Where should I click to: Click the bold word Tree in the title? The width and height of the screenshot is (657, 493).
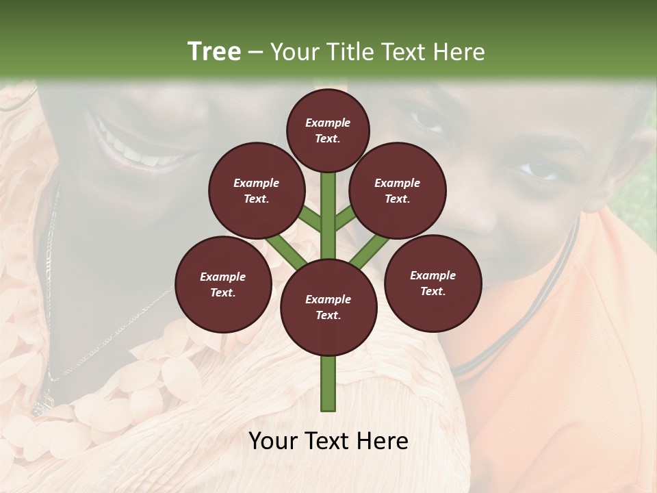(214, 51)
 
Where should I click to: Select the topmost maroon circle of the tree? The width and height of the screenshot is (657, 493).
(328, 130)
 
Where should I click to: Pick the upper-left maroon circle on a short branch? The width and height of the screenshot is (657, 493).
(257, 190)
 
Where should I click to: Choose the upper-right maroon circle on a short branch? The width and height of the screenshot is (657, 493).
(398, 190)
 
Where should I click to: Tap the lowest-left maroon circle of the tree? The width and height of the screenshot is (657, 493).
(223, 284)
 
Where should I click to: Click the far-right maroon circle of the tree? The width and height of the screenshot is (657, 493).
(433, 283)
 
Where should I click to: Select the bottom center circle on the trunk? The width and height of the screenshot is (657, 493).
(328, 307)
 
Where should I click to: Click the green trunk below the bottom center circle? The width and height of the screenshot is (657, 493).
(328, 383)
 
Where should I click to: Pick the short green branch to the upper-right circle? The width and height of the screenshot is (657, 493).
(345, 218)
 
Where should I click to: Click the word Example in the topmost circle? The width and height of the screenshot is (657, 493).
(328, 123)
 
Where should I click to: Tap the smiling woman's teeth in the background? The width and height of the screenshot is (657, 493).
(137, 147)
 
